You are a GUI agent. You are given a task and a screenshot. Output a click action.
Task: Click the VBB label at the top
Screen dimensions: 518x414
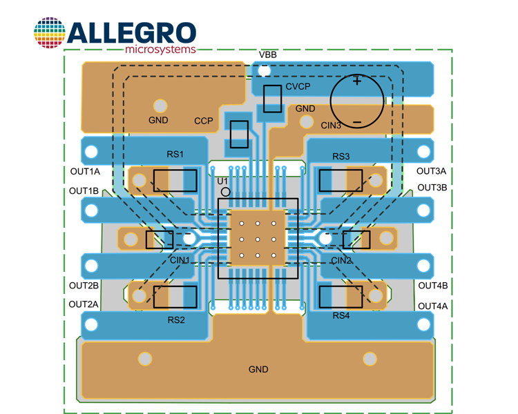(267, 55)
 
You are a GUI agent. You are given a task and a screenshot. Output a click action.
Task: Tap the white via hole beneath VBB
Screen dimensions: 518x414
(264, 70)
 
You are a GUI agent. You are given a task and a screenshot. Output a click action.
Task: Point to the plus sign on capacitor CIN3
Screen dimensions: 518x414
(357, 81)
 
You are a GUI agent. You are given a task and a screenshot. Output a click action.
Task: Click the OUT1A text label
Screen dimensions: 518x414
(85, 171)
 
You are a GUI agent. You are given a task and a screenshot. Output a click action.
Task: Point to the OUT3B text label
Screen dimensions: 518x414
(432, 188)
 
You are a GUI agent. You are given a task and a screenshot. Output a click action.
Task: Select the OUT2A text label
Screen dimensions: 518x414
(84, 304)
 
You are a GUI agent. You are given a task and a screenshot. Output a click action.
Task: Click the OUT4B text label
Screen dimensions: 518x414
(433, 285)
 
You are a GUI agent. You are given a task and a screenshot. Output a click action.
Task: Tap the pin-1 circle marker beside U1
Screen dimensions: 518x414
(226, 192)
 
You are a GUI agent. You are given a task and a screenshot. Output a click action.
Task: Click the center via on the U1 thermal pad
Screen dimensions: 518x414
(258, 239)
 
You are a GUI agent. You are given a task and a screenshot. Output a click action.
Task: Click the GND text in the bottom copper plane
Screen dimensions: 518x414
(258, 369)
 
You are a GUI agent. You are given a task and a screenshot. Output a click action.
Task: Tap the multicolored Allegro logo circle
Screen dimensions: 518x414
(50, 32)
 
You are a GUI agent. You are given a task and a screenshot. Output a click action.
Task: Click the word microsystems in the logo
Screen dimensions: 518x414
(160, 50)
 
